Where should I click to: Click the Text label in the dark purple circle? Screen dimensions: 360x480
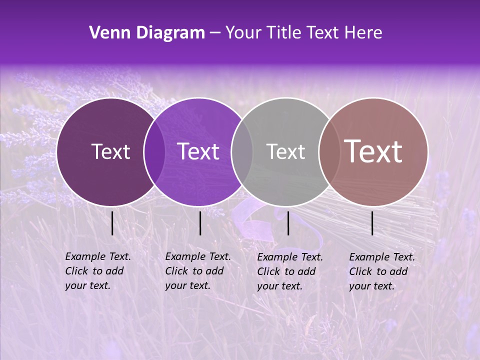(110, 151)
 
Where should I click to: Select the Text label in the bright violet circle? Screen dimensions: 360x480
(198, 151)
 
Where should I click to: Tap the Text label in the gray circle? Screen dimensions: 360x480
(285, 151)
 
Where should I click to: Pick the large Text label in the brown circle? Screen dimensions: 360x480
(373, 151)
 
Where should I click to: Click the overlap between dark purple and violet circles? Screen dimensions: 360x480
(154, 151)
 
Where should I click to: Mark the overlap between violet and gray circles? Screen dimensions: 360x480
(242, 151)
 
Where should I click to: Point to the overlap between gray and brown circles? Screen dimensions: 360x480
(329, 151)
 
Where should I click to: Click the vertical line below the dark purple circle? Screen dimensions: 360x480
(112, 223)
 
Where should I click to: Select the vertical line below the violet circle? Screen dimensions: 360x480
(200, 223)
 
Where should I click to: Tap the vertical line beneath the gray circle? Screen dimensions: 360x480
(288, 223)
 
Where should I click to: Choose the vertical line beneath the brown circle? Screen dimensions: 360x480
(372, 223)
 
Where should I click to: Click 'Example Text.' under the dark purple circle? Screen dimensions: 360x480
(98, 256)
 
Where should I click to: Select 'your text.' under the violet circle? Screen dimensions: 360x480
(187, 285)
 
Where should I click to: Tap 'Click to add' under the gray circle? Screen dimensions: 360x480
(286, 271)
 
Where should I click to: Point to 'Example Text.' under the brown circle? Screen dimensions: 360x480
(382, 257)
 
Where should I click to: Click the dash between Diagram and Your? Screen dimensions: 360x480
(215, 33)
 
